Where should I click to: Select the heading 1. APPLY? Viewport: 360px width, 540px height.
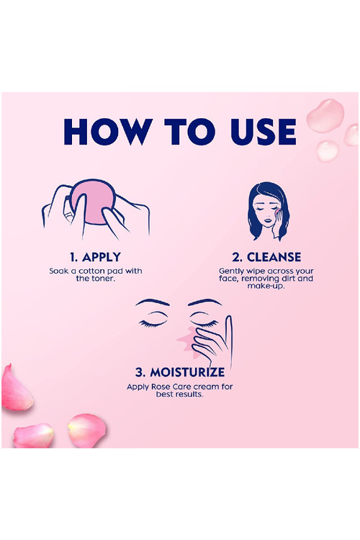point(96,257)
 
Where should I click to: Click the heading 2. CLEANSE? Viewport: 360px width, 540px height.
point(266,257)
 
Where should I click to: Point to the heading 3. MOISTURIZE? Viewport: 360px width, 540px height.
point(180,372)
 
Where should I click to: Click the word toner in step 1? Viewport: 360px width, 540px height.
point(103,279)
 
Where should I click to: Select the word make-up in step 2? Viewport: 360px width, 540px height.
point(266,286)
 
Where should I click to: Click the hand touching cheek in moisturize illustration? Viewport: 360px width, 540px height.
point(214,341)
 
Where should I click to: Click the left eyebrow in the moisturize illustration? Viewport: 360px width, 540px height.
point(152,302)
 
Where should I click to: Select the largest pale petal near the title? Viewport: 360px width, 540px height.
point(325,116)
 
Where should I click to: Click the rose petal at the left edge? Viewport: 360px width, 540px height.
point(16,389)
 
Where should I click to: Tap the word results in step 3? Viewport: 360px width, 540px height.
point(190,395)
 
